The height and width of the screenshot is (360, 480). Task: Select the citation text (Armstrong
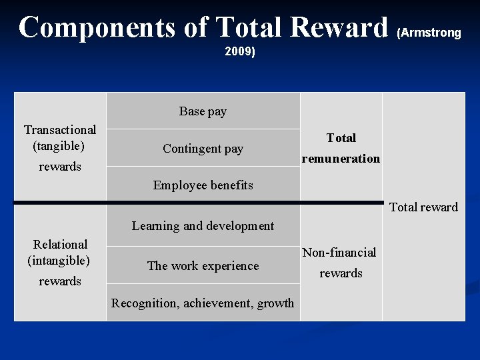click(x=429, y=33)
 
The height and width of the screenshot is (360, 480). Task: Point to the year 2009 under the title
click(x=240, y=51)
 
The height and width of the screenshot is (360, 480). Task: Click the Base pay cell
click(x=203, y=111)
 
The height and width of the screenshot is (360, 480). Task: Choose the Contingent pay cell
click(x=203, y=149)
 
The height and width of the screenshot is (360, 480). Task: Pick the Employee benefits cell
click(x=203, y=185)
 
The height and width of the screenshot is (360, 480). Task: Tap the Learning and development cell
click(x=203, y=225)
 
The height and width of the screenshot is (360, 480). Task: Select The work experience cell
click(x=203, y=265)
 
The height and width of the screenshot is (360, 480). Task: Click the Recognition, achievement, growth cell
click(x=203, y=303)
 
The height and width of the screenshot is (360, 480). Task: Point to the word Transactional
click(x=60, y=129)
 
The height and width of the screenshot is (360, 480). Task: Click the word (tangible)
click(x=59, y=145)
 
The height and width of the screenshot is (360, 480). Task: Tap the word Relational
click(x=60, y=244)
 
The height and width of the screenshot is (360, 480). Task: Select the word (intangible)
click(x=59, y=259)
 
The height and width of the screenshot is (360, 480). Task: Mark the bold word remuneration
click(x=341, y=159)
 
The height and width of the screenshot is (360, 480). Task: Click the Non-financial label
click(x=339, y=252)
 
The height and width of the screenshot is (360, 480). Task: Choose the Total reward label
click(x=423, y=207)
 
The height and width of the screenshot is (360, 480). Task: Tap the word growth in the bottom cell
click(x=275, y=303)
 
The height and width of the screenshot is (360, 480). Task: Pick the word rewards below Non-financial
click(x=341, y=273)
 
